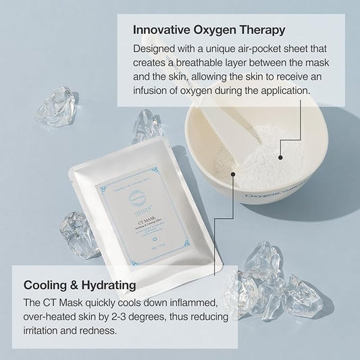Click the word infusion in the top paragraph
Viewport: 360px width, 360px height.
pos(149,90)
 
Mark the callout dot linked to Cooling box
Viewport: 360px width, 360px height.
pos(233,174)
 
